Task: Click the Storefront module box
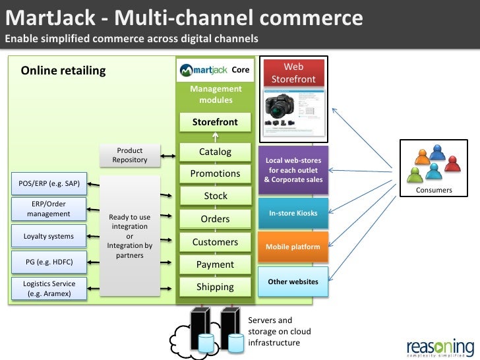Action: click(x=215, y=123)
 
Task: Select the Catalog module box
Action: click(x=215, y=152)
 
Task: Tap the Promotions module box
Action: click(x=215, y=174)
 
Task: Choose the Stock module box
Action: click(x=215, y=196)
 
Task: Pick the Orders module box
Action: click(x=215, y=219)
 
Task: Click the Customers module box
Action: click(x=215, y=242)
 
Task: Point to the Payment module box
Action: click(x=215, y=264)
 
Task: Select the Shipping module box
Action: click(x=215, y=287)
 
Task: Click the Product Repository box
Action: click(x=129, y=156)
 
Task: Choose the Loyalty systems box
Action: click(x=48, y=235)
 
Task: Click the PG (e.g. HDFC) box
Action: click(x=48, y=261)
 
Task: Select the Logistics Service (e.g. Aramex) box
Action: click(x=49, y=288)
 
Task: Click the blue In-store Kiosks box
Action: click(x=293, y=213)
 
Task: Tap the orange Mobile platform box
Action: click(x=293, y=247)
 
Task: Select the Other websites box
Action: click(x=293, y=282)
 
